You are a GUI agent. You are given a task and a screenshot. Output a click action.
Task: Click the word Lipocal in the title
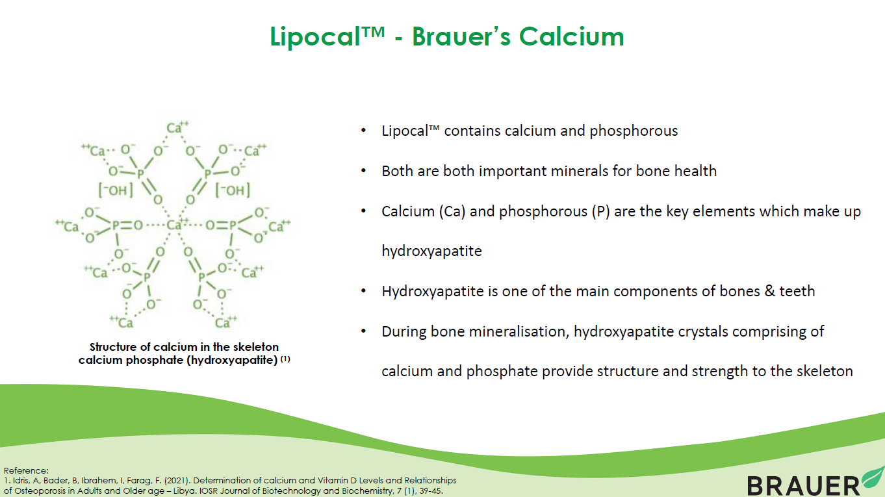(315, 36)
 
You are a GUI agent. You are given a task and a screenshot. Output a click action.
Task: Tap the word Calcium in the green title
(571, 36)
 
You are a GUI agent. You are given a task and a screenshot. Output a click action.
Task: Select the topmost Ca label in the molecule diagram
(177, 127)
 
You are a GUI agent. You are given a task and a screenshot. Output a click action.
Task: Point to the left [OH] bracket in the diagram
(116, 190)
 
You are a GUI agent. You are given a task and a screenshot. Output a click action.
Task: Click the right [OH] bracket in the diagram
(233, 190)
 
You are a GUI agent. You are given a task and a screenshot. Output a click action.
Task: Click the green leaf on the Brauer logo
(873, 478)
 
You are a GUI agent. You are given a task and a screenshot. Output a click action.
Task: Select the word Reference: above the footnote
(26, 470)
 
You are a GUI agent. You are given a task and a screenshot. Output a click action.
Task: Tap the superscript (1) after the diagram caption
(285, 359)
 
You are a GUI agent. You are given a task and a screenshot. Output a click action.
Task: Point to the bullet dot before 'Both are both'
(363, 171)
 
